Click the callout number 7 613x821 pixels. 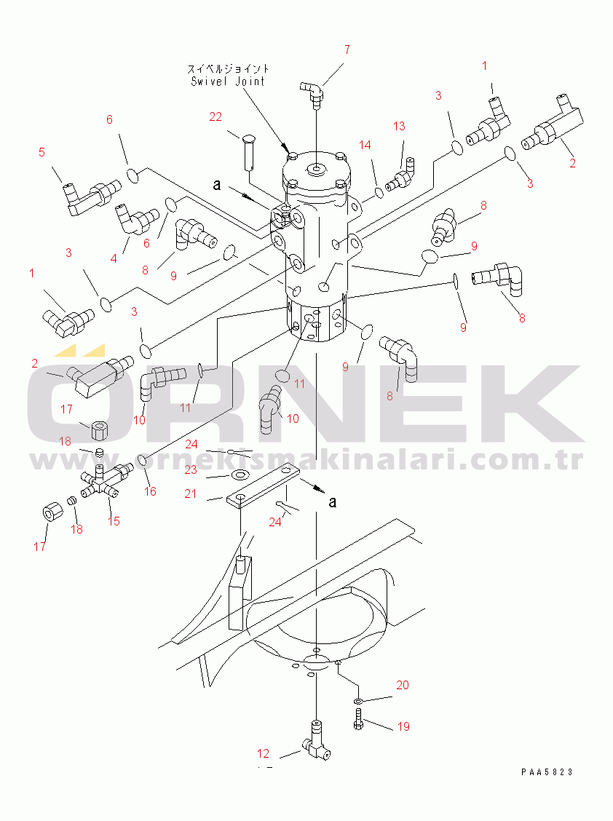tap(347, 49)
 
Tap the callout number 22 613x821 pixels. tap(215, 116)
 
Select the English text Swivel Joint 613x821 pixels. tap(228, 82)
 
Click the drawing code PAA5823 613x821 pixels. tap(547, 772)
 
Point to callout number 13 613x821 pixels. tap(399, 126)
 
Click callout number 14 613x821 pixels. tap(365, 145)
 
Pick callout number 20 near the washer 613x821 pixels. tap(403, 685)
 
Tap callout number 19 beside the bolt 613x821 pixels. tap(403, 726)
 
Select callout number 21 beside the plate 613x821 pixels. tap(191, 493)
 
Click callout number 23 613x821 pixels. tap(191, 469)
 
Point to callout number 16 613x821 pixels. tap(151, 491)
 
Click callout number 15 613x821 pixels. tap(114, 521)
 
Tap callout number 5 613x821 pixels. tap(42, 152)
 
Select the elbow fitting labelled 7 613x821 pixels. tap(313, 94)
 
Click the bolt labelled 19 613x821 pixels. tap(358, 718)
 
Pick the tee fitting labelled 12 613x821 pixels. tap(316, 741)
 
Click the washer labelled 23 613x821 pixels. tap(240, 475)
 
